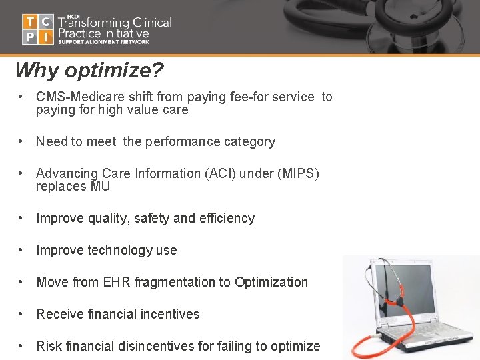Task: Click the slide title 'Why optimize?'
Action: click(89, 70)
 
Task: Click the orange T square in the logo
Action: click(30, 22)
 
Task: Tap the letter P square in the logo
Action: click(30, 37)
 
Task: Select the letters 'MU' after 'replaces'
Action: click(100, 187)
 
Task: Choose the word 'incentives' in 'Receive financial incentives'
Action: click(171, 314)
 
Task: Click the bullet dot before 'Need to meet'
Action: click(23, 141)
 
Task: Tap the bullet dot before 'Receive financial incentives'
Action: click(23, 314)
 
